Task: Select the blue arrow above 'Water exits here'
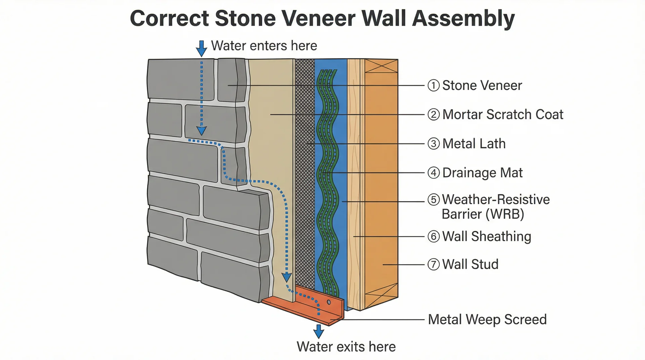[x=318, y=331]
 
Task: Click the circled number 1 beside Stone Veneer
[x=433, y=85]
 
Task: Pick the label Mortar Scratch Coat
[x=503, y=115]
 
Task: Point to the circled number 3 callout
[x=433, y=144]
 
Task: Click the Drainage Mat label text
[x=482, y=173]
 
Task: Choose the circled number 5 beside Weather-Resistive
[x=433, y=199]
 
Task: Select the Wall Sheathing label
[x=486, y=236]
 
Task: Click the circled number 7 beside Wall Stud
[x=433, y=264]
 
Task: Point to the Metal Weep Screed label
[x=487, y=319]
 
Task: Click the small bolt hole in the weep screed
[x=329, y=302]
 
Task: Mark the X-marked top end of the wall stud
[x=381, y=66]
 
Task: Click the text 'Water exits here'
[x=346, y=347]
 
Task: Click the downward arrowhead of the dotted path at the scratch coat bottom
[x=287, y=277]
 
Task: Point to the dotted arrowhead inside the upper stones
[x=202, y=131]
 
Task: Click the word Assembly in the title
[x=463, y=18]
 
